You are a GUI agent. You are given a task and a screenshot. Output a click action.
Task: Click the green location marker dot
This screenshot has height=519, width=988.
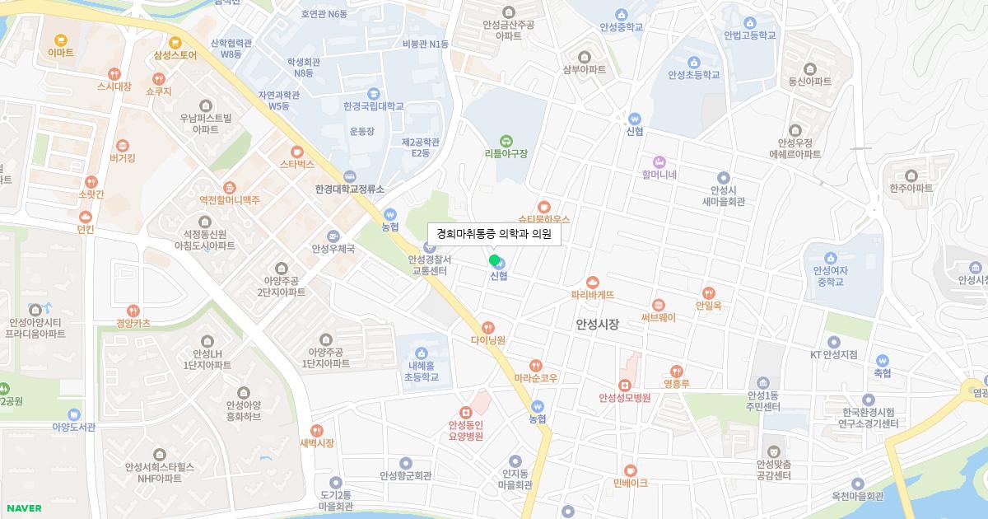[x=494, y=260]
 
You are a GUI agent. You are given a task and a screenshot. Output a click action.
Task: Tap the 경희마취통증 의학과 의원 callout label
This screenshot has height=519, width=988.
[x=494, y=234]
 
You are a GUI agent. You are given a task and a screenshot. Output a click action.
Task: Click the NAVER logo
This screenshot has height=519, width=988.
[x=23, y=508]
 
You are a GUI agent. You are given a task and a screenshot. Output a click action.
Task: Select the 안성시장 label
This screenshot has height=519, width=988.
[x=597, y=325]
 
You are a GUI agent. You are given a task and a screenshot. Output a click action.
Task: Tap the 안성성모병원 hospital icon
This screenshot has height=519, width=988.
[x=625, y=385]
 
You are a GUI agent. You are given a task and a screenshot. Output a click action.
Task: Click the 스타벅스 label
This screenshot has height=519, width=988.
[x=297, y=164]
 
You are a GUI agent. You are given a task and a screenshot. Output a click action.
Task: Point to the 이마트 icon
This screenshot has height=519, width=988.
[x=60, y=40]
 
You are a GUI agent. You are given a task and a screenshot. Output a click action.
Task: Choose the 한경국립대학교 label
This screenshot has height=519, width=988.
[x=374, y=106]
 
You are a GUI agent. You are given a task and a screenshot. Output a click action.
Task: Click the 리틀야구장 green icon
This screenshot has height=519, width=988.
[x=506, y=140]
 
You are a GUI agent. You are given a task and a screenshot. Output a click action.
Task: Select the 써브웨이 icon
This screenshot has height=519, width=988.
[x=658, y=305]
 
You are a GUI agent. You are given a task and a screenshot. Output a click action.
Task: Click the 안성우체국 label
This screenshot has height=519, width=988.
[x=333, y=249]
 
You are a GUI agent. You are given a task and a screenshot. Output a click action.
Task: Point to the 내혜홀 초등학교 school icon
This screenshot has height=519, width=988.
[x=422, y=353]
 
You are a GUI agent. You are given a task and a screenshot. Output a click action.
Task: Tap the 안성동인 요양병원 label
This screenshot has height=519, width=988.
[x=465, y=431]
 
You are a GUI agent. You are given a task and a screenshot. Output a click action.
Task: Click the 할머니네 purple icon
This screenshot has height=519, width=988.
[x=659, y=161]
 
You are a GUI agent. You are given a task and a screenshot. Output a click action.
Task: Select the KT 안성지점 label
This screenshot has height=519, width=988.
[x=834, y=355]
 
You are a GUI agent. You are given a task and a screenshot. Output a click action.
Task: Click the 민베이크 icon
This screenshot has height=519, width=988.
[x=631, y=470]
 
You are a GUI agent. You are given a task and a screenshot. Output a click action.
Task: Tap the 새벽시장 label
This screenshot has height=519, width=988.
[x=317, y=443]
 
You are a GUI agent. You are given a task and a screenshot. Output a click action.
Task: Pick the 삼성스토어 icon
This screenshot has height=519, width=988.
[x=175, y=42]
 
